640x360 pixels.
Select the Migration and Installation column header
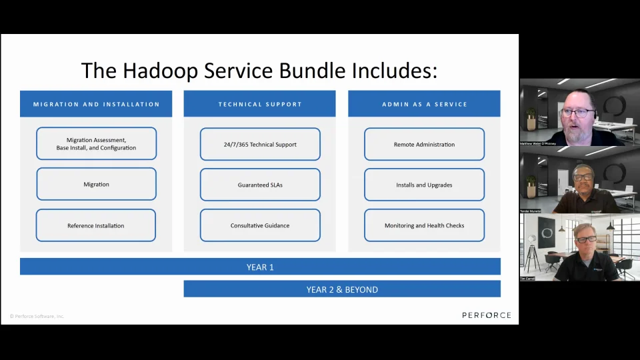(96, 104)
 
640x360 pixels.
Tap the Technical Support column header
(260, 104)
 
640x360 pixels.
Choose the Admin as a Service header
(424, 104)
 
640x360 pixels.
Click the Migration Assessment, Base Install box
(96, 144)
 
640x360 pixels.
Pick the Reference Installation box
(96, 225)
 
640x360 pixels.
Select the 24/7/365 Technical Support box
(260, 144)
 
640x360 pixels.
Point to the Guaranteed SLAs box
(260, 185)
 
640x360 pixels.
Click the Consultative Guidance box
(260, 225)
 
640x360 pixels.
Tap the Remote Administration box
(424, 144)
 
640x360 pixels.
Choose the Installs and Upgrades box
(424, 185)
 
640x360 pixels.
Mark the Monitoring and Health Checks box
(424, 225)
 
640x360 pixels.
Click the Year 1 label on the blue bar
(260, 267)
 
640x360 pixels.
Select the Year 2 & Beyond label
(342, 289)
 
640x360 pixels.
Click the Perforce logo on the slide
(487, 315)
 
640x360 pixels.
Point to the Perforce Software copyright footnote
(37, 316)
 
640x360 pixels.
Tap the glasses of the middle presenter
(582, 177)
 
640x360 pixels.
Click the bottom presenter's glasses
(586, 239)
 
